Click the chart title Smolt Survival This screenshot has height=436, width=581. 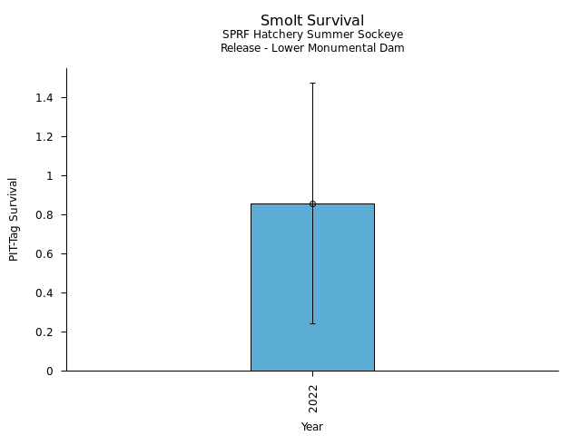click(x=312, y=21)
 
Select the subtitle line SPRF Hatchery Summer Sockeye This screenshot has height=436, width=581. click(x=312, y=35)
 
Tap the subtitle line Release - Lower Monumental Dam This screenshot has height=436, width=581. click(x=312, y=48)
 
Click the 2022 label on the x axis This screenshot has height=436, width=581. click(x=312, y=398)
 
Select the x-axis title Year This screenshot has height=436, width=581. click(x=312, y=427)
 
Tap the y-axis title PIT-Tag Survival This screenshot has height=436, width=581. click(x=14, y=219)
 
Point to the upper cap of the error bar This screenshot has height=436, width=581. click(x=312, y=83)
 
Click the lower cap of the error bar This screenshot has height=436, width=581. click(x=312, y=323)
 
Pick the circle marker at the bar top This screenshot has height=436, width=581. click(x=312, y=203)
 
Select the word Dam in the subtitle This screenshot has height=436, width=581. click(x=393, y=48)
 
